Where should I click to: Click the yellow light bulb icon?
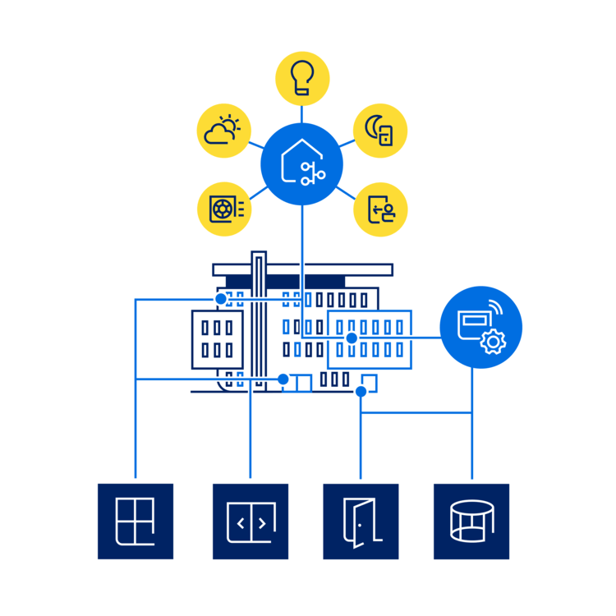(x=302, y=78)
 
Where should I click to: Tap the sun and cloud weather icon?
(x=223, y=131)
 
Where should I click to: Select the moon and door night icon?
(x=380, y=131)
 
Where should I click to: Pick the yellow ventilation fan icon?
(x=223, y=209)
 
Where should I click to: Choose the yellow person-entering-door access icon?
(x=380, y=209)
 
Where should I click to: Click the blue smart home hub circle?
(x=301, y=164)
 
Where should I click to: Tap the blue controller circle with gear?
(x=480, y=327)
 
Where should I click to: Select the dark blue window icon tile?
(x=135, y=522)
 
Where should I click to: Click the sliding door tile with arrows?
(x=251, y=522)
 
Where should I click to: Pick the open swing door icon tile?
(x=361, y=522)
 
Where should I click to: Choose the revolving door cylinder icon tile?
(x=471, y=522)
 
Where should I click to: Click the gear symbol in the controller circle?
(x=493, y=341)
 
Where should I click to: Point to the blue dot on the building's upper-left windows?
(x=220, y=299)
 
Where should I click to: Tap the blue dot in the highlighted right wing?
(x=352, y=338)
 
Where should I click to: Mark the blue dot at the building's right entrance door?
(x=361, y=392)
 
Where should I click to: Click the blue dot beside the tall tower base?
(x=283, y=379)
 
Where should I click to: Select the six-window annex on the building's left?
(x=217, y=339)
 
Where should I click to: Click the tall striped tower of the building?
(x=258, y=320)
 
